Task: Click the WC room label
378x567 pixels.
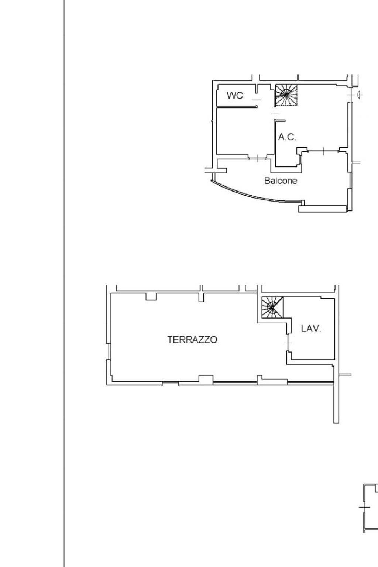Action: coord(235,96)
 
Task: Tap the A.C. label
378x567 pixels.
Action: coord(287,137)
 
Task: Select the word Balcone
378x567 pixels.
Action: coord(281,181)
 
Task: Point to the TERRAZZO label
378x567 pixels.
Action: coord(192,340)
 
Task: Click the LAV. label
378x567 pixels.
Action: coord(311,329)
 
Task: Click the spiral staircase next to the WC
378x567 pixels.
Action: coord(286,95)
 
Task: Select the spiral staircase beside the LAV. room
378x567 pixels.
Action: coord(272,307)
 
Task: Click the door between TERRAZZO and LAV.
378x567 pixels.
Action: coord(288,343)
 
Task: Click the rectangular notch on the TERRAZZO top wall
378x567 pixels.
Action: coord(151,297)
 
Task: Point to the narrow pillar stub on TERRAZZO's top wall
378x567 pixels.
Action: coord(201,298)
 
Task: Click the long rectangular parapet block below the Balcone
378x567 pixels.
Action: coord(323,209)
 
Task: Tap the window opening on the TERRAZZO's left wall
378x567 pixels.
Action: coord(109,351)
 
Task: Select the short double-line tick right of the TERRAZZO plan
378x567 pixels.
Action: coord(345,374)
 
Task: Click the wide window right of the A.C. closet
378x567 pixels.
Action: coord(323,151)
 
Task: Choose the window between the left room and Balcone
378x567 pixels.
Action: coord(257,158)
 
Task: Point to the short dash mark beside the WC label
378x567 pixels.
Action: coord(257,100)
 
